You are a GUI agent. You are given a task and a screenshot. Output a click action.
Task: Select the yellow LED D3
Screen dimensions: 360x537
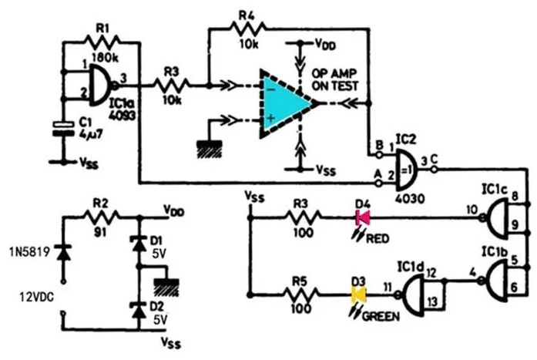pyautogui.click(x=358, y=294)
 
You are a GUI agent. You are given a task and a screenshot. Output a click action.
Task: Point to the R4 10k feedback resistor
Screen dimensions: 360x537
pyautogui.click(x=247, y=29)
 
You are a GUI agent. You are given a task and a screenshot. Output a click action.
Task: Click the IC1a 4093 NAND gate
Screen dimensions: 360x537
pyautogui.click(x=99, y=85)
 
